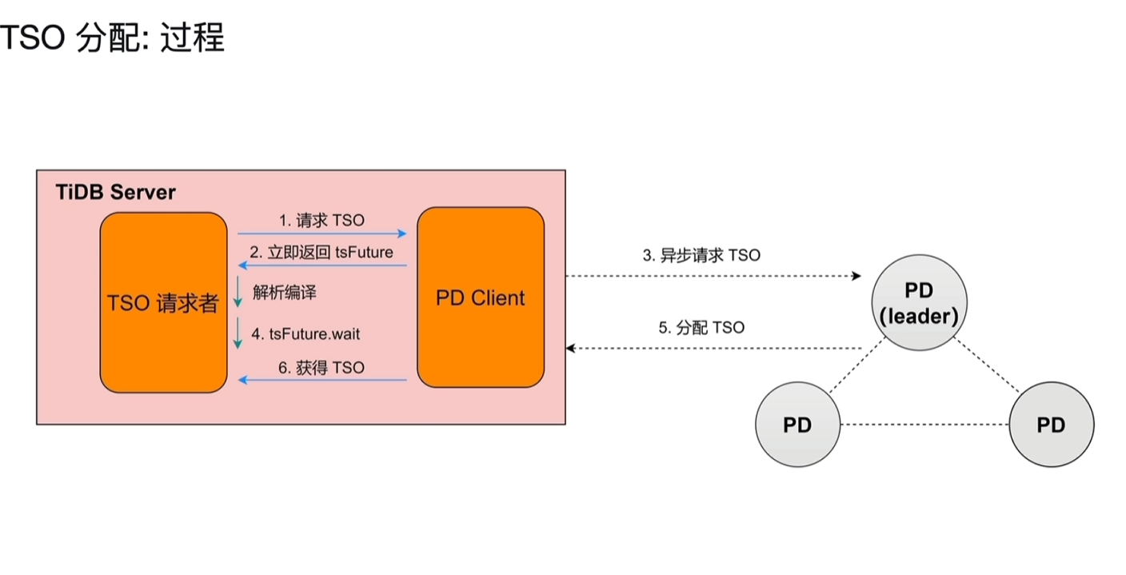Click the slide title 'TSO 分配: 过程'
click(x=112, y=37)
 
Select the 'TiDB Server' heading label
click(x=115, y=192)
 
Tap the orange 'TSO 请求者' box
click(x=163, y=302)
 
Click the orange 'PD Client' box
click(x=481, y=297)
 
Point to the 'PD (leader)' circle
click(x=918, y=302)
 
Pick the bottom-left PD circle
click(x=797, y=425)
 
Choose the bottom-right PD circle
click(x=1051, y=425)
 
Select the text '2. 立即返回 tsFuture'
click(x=321, y=252)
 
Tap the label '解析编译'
click(x=285, y=293)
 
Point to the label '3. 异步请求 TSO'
click(x=701, y=256)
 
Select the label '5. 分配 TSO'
click(x=701, y=328)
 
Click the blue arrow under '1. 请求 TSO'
click(x=322, y=234)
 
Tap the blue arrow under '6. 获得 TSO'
click(x=322, y=381)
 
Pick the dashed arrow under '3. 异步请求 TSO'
click(x=712, y=276)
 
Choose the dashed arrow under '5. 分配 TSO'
click(x=712, y=349)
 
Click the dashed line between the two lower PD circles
click(x=924, y=425)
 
